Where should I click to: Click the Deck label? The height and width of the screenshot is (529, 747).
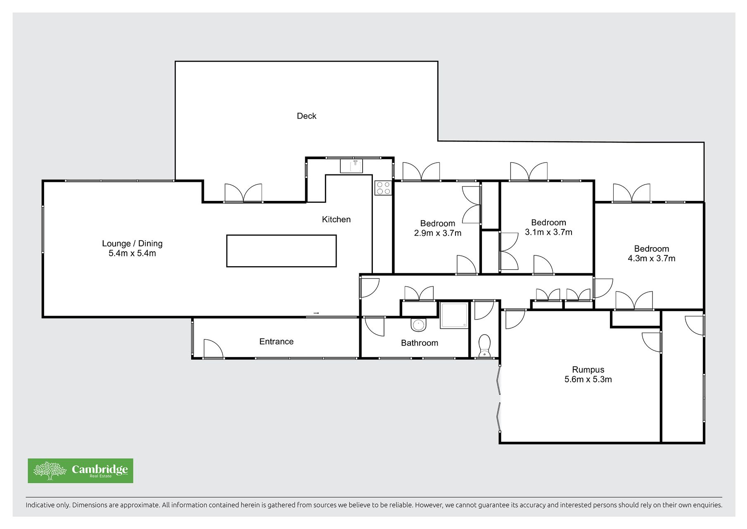point(306,116)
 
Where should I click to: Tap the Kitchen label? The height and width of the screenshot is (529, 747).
point(336,219)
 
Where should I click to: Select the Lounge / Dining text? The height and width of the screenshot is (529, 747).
point(132,243)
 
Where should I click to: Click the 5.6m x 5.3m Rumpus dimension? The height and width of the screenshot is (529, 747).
point(588,379)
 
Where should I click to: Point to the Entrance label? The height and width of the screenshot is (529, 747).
point(276,341)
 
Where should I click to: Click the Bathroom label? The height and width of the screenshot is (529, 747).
point(420,343)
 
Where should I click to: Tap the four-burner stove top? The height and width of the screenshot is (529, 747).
point(383,188)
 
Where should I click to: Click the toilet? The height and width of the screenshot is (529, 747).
point(484,346)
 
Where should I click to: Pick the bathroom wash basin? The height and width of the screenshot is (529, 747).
point(418,325)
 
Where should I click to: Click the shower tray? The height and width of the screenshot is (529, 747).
point(454,316)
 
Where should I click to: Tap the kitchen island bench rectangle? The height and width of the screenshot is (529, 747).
point(281,251)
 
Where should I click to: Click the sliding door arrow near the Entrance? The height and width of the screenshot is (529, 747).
point(316,313)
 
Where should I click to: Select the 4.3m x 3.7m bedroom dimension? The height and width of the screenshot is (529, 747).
point(652,259)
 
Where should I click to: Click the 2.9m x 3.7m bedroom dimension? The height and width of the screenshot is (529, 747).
point(438,233)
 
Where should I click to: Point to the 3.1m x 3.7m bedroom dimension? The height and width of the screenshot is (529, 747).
point(548,232)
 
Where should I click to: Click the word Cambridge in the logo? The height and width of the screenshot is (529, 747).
point(100,469)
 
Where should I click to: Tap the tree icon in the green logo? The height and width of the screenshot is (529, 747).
point(50,471)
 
